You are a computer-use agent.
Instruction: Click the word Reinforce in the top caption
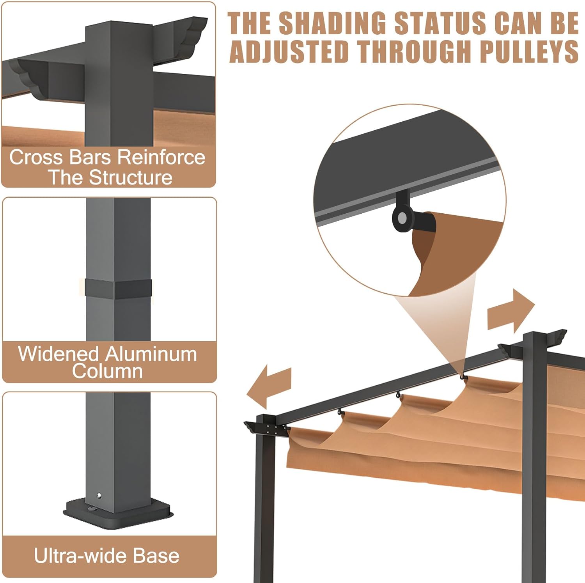click(161, 157)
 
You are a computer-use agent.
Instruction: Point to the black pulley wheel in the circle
click(402, 219)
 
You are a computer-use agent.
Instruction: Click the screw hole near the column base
click(99, 496)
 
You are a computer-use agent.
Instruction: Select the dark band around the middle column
click(118, 289)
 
